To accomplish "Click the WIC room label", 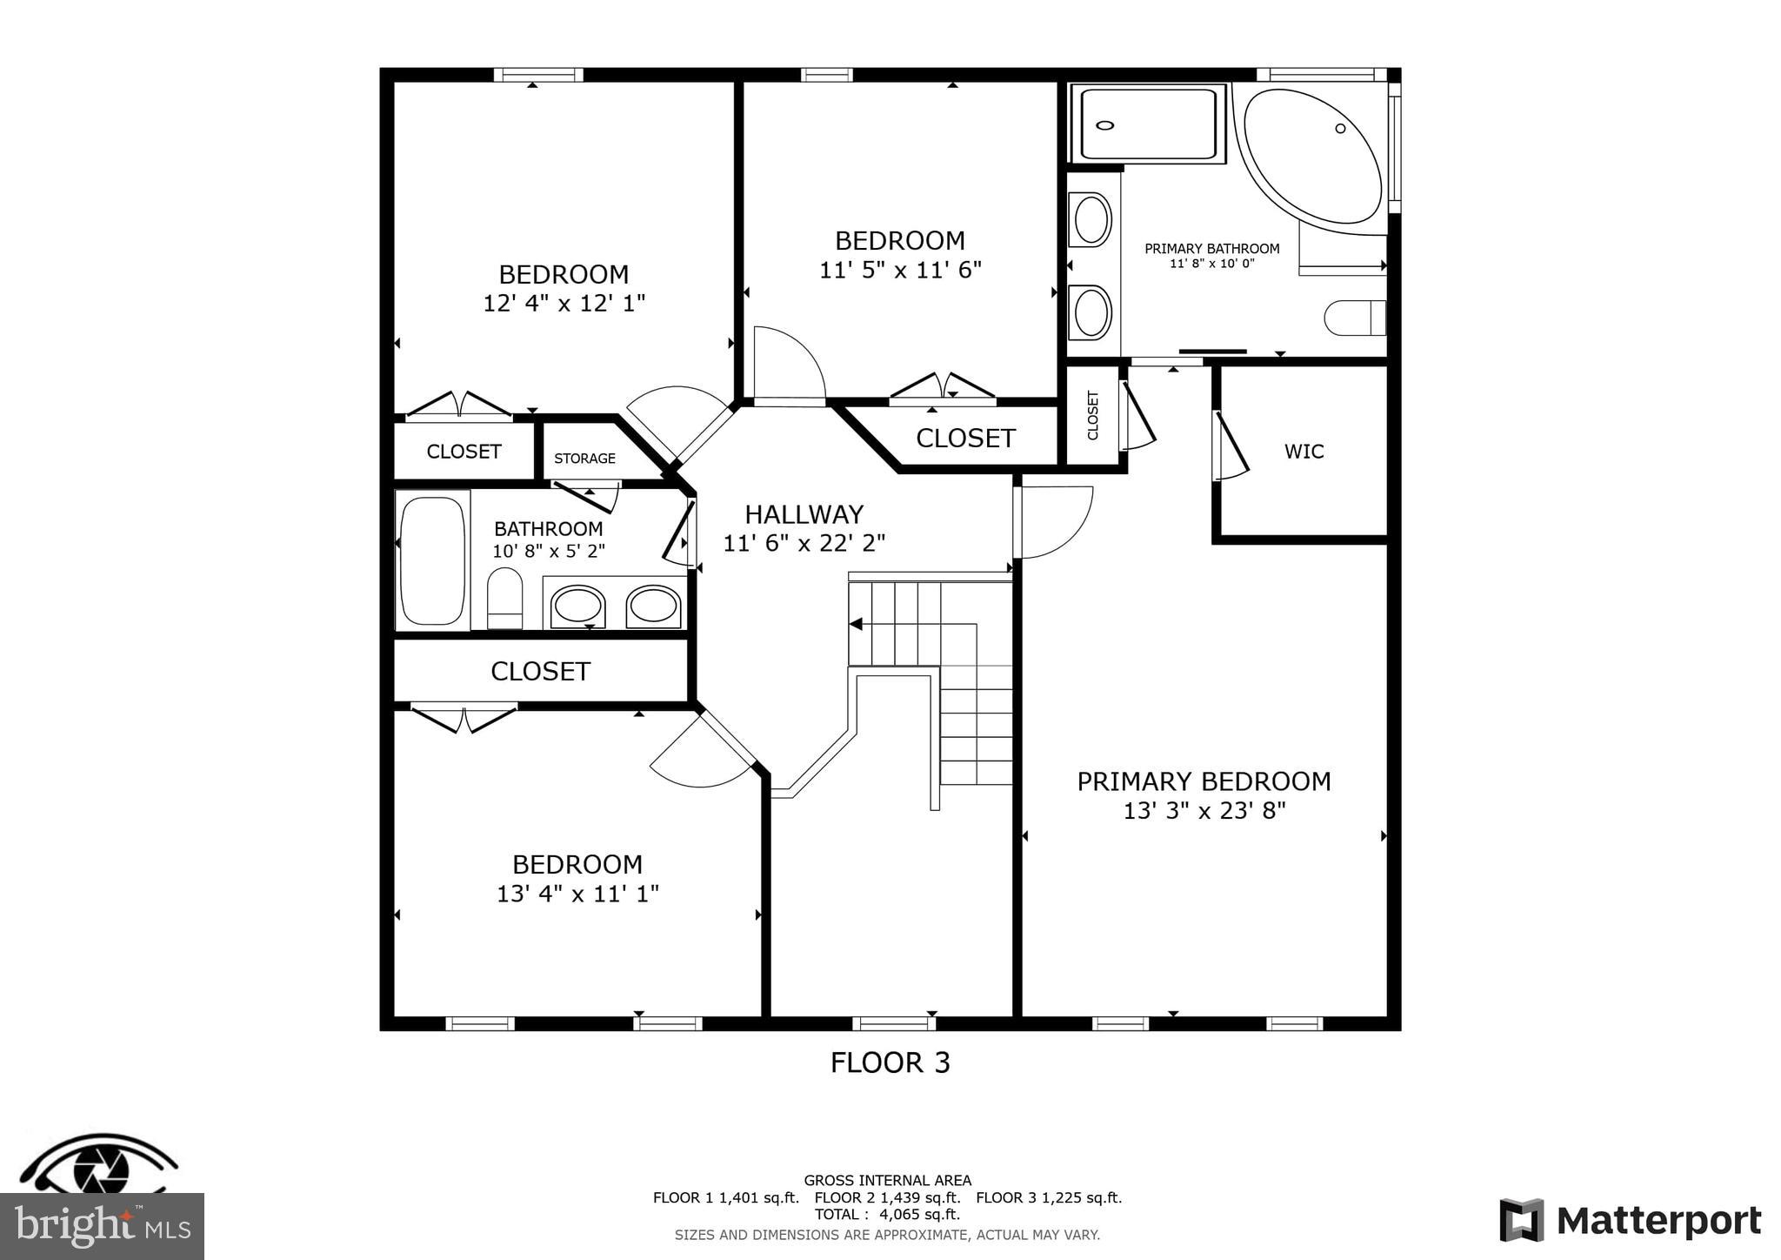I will (1304, 451).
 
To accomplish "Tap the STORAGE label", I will (584, 459).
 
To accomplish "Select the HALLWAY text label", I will (804, 514).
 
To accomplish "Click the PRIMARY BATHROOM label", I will (1211, 249).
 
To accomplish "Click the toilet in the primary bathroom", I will (1353, 318).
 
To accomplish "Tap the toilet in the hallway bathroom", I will (504, 598).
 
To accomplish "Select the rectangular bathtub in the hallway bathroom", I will (432, 560).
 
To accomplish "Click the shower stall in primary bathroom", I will (1147, 124).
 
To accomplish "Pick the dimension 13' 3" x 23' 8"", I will (1204, 811).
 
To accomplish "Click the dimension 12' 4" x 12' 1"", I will (564, 304).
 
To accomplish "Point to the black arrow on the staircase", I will (856, 624).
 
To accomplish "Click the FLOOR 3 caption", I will (890, 1062).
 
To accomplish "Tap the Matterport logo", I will (1630, 1220).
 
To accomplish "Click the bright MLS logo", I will (102, 1226).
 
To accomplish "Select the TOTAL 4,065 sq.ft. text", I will (887, 1214).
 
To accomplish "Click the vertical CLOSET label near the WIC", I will (1093, 415).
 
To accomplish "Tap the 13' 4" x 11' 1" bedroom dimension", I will (577, 894).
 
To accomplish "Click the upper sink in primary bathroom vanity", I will (1091, 219).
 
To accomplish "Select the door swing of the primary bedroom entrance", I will (1054, 521).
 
